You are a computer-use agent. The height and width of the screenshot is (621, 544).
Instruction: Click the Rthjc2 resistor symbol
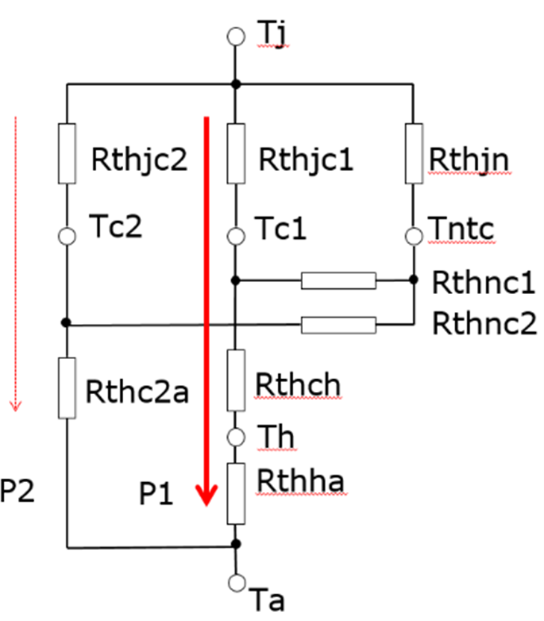67,154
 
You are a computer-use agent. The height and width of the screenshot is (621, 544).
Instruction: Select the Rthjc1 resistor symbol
236,154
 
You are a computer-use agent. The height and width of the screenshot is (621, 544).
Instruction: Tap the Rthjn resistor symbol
414,154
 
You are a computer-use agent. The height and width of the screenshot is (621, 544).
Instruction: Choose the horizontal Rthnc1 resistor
339,281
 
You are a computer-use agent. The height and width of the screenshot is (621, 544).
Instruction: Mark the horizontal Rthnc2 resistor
339,325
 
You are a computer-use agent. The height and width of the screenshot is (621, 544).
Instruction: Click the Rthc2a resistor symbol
67,388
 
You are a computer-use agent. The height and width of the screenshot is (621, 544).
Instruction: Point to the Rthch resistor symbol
236,380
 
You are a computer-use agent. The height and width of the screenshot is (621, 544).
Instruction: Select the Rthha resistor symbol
236,493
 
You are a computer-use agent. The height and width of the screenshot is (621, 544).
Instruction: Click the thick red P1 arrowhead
207,495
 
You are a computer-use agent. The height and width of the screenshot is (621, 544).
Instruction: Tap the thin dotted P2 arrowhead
16,406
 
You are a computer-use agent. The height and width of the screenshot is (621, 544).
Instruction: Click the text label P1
156,493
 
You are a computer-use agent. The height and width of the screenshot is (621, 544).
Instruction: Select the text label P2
17,490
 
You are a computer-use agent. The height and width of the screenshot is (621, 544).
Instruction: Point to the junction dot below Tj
236,84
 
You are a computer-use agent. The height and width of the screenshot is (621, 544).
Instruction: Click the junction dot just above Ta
236,544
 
